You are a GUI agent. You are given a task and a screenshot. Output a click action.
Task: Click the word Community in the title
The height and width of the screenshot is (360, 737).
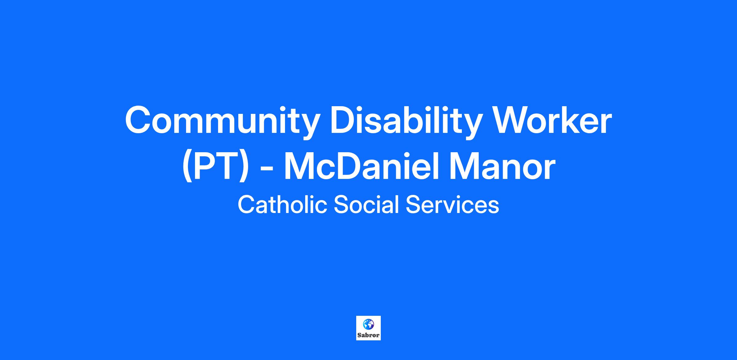[x=221, y=122]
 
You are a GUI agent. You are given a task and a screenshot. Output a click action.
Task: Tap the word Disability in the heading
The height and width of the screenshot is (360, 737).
[x=405, y=122]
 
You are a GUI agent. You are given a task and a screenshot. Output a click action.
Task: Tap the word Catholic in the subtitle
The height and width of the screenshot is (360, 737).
[x=282, y=205]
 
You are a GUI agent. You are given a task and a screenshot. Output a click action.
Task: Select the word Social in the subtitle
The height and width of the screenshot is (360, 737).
[x=366, y=205]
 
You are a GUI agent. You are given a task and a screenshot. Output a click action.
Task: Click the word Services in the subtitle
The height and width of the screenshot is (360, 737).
[x=452, y=205]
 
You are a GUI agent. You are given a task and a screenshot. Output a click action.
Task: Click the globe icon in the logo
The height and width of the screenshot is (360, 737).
[x=368, y=324]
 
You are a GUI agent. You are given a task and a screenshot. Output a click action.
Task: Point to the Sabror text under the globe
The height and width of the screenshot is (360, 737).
[x=368, y=335]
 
